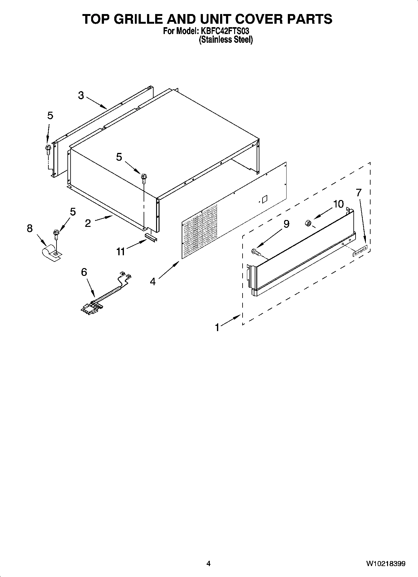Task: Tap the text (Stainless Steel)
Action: (x=226, y=40)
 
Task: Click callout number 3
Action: (x=81, y=95)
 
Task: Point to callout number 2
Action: (x=88, y=223)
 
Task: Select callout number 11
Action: (x=121, y=252)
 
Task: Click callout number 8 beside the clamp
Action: (x=30, y=228)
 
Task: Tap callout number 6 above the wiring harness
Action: (x=84, y=272)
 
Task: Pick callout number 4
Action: (x=153, y=281)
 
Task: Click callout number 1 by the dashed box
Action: (x=218, y=327)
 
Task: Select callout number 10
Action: (x=338, y=204)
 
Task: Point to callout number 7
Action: (x=359, y=193)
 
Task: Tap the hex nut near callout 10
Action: (x=307, y=223)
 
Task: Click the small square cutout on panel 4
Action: (x=264, y=198)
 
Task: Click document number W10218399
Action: (x=386, y=564)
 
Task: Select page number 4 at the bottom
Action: (x=208, y=564)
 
